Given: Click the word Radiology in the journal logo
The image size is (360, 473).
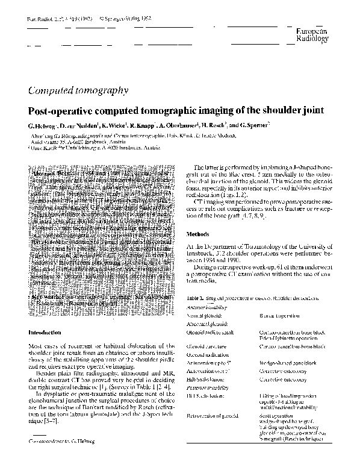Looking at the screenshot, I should tap(312, 39).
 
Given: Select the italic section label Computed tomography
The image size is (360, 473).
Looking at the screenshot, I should tap(78, 90).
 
